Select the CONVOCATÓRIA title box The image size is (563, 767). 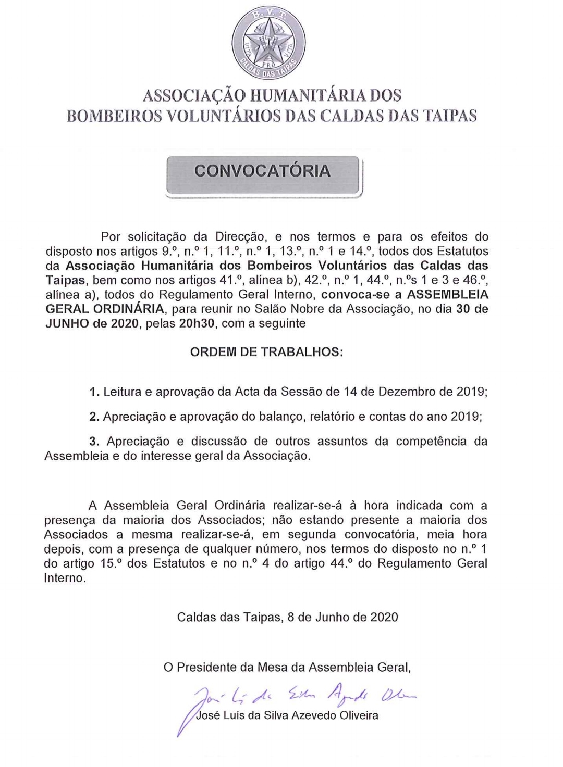[263, 176]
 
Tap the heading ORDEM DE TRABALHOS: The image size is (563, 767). [266, 351]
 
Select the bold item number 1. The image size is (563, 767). [94, 392]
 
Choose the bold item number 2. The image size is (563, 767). [94, 417]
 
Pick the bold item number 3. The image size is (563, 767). [94, 442]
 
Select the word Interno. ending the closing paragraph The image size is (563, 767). [65, 578]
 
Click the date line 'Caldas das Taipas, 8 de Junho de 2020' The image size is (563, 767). [287, 618]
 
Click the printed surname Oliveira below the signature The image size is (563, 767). [357, 715]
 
